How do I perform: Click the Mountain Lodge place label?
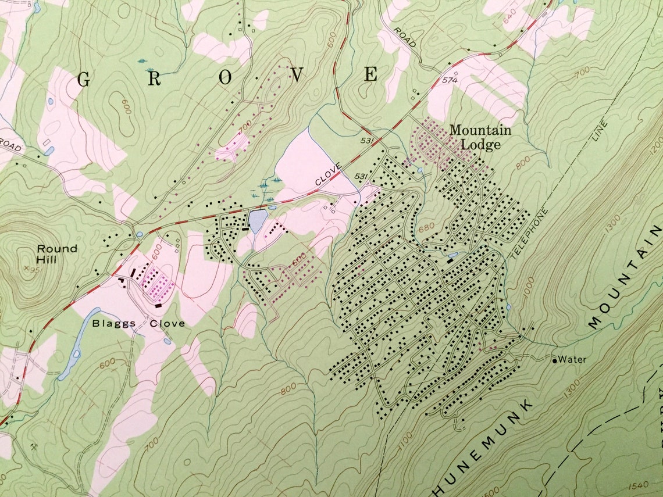point(480,137)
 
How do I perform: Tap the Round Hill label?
point(56,254)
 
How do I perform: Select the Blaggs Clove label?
point(138,324)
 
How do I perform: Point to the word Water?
point(572,360)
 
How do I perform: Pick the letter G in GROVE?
point(83,80)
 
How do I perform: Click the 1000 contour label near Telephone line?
point(527,288)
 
